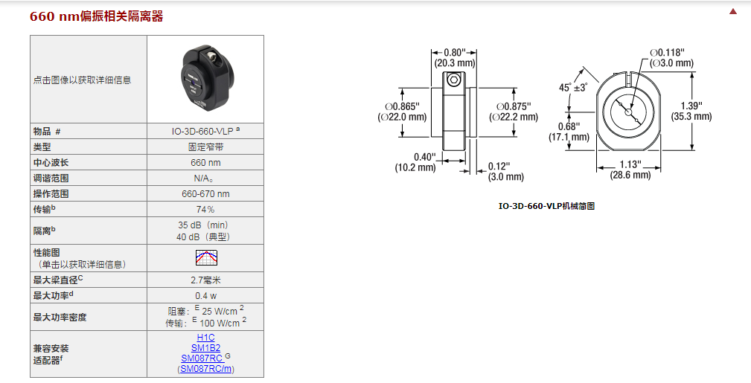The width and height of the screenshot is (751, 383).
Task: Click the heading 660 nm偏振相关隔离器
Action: [x=97, y=16]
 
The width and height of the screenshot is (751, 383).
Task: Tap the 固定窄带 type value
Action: [x=205, y=147]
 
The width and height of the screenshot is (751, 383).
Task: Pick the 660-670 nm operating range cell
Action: [x=205, y=193]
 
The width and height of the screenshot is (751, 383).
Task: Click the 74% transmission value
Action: [x=205, y=209]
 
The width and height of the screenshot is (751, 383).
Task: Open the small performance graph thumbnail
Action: [x=205, y=258]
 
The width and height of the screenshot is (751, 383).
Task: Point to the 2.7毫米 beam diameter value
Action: [x=205, y=280]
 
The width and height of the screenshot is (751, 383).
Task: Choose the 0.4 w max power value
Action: [x=205, y=295]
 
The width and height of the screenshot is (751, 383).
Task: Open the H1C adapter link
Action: [x=205, y=338]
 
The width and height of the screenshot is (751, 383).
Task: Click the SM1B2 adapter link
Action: [x=205, y=348]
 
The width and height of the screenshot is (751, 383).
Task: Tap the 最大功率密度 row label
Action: [x=60, y=318]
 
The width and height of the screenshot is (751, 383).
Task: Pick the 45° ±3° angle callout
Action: [x=573, y=88]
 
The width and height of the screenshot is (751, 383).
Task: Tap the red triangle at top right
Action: [x=733, y=11]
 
